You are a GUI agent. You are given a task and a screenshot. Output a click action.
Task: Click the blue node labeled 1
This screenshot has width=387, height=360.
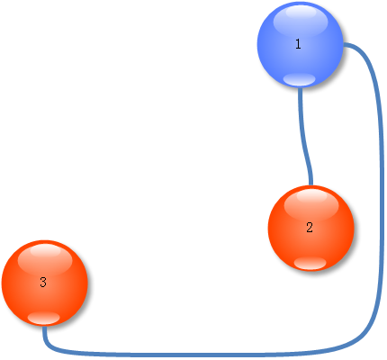[x=300, y=44]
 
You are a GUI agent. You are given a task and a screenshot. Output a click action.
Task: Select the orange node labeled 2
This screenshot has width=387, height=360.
[x=311, y=229]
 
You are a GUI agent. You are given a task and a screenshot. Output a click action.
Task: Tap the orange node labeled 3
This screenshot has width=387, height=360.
[x=45, y=283]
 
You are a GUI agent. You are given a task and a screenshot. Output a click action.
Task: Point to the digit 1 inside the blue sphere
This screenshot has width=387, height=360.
[x=298, y=44]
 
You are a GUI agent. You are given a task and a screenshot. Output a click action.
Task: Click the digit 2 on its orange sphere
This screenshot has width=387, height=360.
[x=310, y=228]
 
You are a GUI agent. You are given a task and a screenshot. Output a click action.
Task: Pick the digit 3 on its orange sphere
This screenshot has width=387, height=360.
[x=43, y=283]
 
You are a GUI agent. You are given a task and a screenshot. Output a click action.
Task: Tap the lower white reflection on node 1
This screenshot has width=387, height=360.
[x=300, y=79]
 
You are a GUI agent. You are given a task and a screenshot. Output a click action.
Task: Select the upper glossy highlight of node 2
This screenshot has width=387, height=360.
[x=311, y=204]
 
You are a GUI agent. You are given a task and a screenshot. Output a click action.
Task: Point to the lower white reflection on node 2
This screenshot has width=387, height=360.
[x=310, y=263]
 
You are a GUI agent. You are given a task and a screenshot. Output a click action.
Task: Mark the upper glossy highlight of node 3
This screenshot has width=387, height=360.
[x=45, y=259]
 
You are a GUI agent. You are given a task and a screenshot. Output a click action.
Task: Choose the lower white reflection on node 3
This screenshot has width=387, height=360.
[x=44, y=318]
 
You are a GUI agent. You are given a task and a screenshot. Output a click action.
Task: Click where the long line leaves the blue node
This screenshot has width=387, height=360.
[x=344, y=45]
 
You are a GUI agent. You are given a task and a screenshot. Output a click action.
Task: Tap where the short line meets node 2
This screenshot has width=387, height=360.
[x=311, y=185]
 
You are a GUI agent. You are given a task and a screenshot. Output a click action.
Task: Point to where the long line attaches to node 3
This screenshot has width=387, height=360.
[x=44, y=327]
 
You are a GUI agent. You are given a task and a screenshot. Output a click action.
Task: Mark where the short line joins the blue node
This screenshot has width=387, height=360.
[x=300, y=87]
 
